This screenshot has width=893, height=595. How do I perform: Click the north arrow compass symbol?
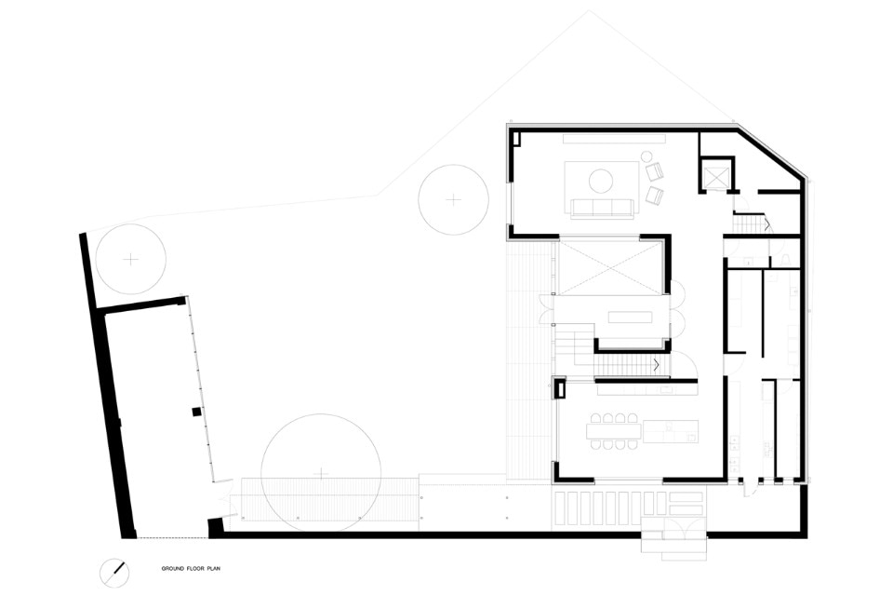[x=114, y=573]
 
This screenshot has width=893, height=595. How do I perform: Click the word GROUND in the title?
[x=171, y=569]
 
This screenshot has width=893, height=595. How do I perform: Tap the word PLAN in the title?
[x=214, y=569]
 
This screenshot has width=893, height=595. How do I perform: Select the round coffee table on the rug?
[x=601, y=182]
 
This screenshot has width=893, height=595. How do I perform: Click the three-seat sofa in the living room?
[x=603, y=208]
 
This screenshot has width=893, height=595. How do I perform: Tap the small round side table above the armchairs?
[x=647, y=156]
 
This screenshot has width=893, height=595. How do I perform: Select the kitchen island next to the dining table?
[x=671, y=431]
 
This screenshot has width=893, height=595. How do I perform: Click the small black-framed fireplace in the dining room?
[x=560, y=388]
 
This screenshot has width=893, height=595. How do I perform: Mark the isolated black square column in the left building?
[x=196, y=412]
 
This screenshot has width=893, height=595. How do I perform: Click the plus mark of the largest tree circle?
[x=322, y=474]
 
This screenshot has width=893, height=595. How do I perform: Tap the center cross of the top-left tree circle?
[x=131, y=260]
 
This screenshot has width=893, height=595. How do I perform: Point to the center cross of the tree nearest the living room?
[x=453, y=199]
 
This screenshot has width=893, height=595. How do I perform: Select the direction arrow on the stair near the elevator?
[x=766, y=223]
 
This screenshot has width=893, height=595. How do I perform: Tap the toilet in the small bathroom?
[x=787, y=261]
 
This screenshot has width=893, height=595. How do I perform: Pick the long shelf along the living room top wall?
[x=615, y=139]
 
